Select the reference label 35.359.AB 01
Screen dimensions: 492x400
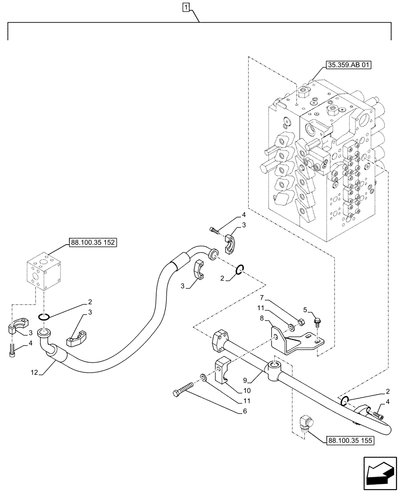[x=348, y=64]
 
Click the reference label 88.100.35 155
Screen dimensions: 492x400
[x=350, y=440]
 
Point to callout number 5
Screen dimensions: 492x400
[x=305, y=310]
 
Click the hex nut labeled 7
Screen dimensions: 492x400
[x=300, y=323]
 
